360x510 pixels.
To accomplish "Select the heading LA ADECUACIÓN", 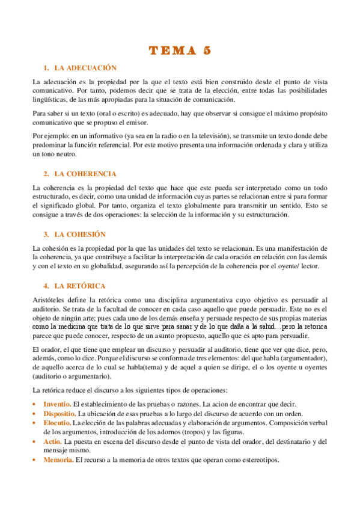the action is pyautogui.click(x=85, y=68).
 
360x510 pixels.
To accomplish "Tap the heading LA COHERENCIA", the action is pyautogui.click(x=85, y=174).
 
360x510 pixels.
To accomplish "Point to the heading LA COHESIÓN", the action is pyautogui.click(x=80, y=234).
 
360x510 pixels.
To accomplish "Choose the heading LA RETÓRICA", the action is pyautogui.click(x=80, y=285).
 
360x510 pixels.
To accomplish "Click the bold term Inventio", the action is pyautogui.click(x=57, y=404).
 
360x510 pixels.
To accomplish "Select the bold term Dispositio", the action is pyautogui.click(x=59, y=414).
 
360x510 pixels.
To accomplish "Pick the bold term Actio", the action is pyautogui.click(x=53, y=441).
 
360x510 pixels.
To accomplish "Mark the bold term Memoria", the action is pyautogui.click(x=58, y=460).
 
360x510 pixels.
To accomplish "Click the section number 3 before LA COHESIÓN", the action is pyautogui.click(x=46, y=234).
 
